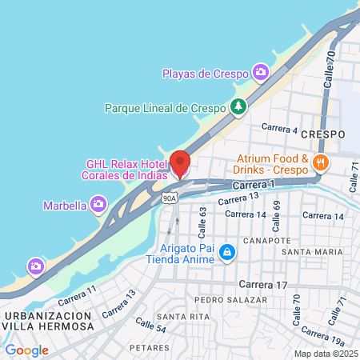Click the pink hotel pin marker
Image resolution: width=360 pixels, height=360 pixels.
[180, 163]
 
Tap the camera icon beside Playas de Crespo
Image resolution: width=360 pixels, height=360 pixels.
[260, 73]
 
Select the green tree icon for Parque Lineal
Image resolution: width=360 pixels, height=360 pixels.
[238, 106]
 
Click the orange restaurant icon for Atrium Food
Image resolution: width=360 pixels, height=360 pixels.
[322, 163]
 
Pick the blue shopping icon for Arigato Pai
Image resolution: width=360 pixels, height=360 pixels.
[227, 252]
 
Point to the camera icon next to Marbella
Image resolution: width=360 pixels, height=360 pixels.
[98, 206]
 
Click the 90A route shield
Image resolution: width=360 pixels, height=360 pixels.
[168, 197]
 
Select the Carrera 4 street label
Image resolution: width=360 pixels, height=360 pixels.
[279, 130]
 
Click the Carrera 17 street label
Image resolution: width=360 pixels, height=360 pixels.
[263, 285]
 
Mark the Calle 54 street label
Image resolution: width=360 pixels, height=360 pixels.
[150, 326]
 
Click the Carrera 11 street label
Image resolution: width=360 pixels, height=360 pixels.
[81, 294]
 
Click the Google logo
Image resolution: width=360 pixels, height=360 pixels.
[26, 350]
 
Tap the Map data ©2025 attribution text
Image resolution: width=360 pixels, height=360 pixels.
[324, 354]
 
